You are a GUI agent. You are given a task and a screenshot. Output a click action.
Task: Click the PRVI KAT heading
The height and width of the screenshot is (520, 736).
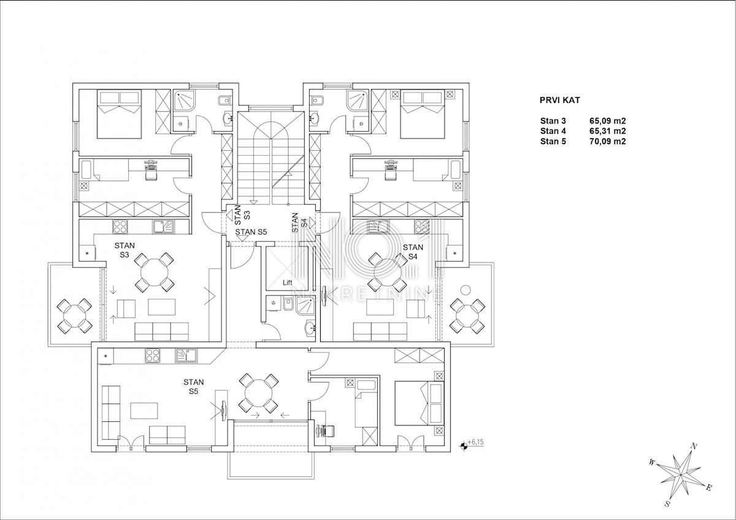pos(560,100)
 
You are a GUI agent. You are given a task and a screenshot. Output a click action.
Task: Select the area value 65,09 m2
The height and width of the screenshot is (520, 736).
pos(608,121)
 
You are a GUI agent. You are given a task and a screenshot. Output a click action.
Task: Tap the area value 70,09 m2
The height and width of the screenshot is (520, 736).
pos(608,142)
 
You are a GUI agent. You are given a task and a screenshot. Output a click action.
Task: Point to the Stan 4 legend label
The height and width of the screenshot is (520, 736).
pos(553,131)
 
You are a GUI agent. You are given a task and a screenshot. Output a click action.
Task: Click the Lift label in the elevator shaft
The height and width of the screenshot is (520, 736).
pos(288,283)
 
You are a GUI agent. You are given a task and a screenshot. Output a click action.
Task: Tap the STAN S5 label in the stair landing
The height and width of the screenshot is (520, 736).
pos(251,232)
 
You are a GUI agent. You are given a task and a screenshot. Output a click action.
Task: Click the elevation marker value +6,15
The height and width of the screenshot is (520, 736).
pos(475,442)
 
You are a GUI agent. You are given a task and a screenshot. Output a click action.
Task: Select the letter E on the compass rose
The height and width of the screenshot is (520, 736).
pos(709,487)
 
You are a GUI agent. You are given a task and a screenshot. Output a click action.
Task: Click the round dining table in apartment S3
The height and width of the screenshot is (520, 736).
pos(154,272)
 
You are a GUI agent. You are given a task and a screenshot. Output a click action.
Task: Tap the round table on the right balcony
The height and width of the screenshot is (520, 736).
pos(467,315)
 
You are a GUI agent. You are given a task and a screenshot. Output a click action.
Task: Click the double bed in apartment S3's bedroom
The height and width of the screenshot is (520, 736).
pos(120,113)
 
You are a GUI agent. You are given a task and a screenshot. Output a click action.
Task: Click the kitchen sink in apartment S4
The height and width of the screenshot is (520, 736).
pos(378,227)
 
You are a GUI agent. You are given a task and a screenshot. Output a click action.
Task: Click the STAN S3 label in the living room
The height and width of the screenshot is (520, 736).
pos(125,250)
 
